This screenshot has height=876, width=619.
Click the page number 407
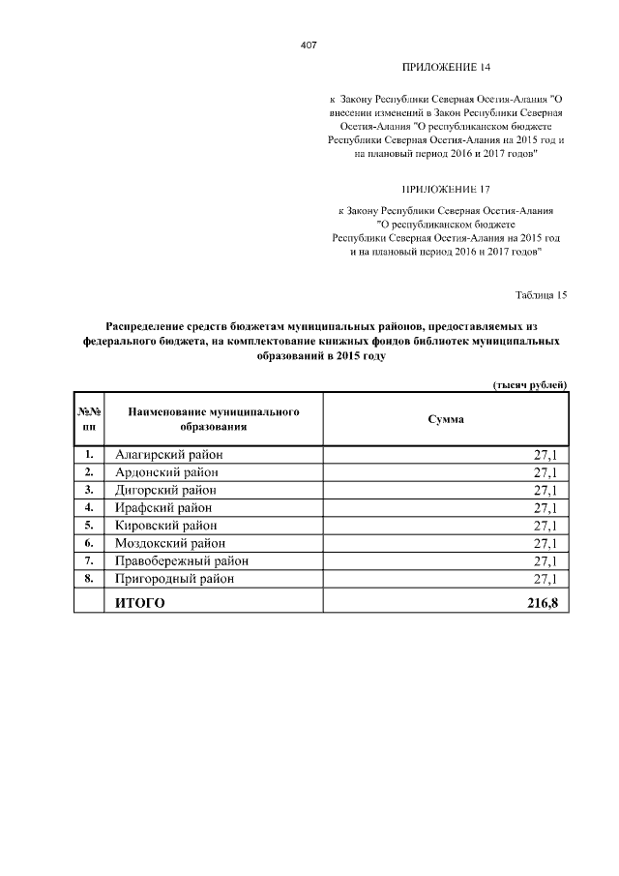point(309,45)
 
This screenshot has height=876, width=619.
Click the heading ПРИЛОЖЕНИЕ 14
point(446,68)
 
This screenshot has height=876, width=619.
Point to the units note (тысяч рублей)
point(530,385)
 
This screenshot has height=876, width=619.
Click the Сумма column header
point(446,419)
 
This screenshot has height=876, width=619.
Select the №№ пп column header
point(89,419)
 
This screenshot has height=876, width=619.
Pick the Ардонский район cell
point(166,471)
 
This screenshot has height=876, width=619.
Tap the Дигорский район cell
point(168,490)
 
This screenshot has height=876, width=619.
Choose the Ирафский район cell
point(163,507)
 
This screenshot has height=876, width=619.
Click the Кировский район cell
point(167,525)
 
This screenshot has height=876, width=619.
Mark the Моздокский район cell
point(170,543)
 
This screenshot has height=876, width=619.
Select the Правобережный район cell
point(181,560)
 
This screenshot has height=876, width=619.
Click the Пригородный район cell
point(175,579)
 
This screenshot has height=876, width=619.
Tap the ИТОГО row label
point(140,604)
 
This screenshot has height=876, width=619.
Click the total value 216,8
point(543,604)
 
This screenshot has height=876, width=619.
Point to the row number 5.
point(89,525)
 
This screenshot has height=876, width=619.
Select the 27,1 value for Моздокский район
point(545,543)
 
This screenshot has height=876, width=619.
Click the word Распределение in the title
point(154,326)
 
